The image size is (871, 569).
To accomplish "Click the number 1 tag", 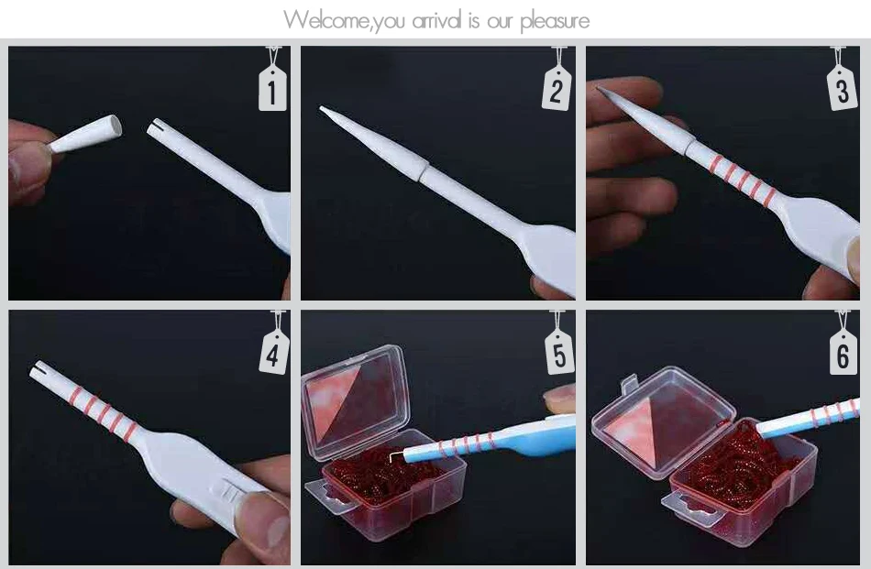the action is click(x=272, y=88).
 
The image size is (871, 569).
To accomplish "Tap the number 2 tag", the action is click(x=557, y=88).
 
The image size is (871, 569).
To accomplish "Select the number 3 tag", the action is click(x=842, y=88).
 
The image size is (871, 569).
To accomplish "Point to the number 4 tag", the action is click(x=273, y=352).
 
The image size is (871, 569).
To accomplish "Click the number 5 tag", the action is click(x=559, y=352).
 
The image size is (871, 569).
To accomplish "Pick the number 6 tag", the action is click(x=843, y=353).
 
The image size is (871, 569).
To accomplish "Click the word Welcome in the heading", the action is click(x=326, y=20).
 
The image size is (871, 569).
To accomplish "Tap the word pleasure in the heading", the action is click(x=555, y=22).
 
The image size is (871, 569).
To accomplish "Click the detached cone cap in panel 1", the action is click(x=85, y=133).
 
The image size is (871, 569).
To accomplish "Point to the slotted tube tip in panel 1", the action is click(x=159, y=129).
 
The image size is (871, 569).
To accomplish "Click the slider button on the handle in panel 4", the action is click(x=229, y=490).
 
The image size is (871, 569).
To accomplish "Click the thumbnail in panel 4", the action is click(x=267, y=520).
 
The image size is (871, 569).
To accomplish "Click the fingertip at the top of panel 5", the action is click(x=559, y=399).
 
